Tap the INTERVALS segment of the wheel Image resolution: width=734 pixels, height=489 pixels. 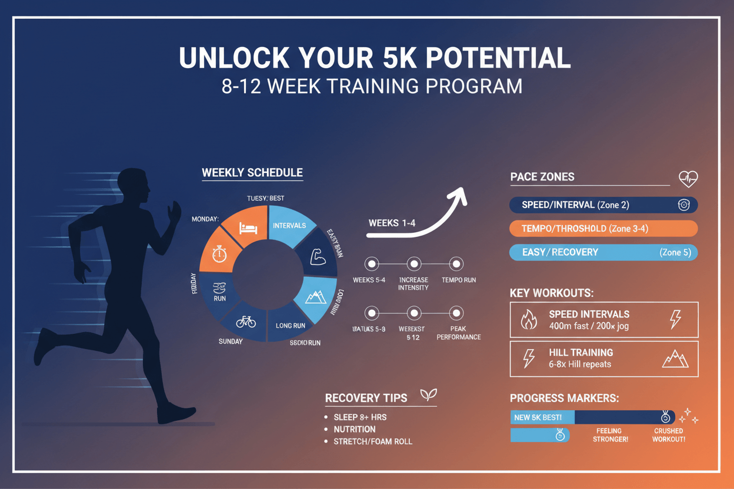pyautogui.click(x=289, y=226)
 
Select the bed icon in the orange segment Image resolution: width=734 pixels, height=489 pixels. pyautogui.click(x=246, y=226)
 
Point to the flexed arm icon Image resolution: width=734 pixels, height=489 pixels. pyautogui.click(x=318, y=257)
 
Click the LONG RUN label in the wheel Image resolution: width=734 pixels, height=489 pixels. pyautogui.click(x=290, y=325)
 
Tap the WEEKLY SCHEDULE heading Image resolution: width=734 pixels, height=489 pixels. pyautogui.click(x=252, y=173)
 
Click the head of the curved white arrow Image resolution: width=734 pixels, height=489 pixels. pyautogui.click(x=458, y=196)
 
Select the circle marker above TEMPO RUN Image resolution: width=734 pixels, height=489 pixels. pyautogui.click(x=456, y=264)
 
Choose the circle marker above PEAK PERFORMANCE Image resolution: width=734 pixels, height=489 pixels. pyautogui.click(x=456, y=313)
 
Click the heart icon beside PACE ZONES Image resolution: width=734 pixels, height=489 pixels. pyautogui.click(x=688, y=178)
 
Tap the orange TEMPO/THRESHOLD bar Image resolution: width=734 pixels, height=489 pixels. pyautogui.click(x=603, y=229)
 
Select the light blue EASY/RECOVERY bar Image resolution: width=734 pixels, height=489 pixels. pyautogui.click(x=603, y=252)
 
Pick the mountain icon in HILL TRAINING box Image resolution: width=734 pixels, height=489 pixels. pyautogui.click(x=675, y=359)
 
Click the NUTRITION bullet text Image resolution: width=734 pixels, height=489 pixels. pyautogui.click(x=354, y=429)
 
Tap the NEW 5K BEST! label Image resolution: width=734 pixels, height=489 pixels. pyautogui.click(x=538, y=417)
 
